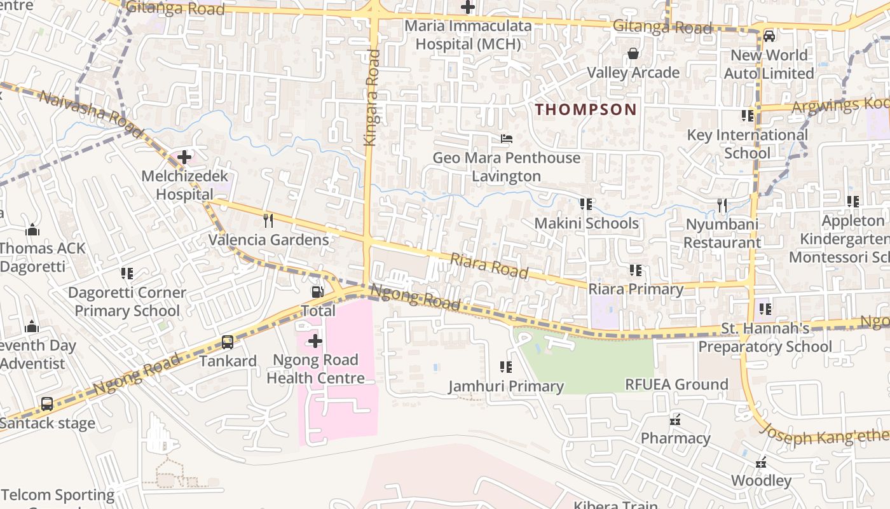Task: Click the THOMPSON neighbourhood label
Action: click(x=585, y=109)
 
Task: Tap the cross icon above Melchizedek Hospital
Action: click(x=184, y=157)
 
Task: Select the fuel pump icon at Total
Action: click(x=316, y=292)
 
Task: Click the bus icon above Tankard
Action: click(x=228, y=342)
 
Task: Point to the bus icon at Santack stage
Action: click(x=47, y=404)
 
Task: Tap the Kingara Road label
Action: click(x=372, y=98)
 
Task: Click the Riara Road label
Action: click(x=489, y=265)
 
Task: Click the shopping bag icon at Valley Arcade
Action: click(x=633, y=54)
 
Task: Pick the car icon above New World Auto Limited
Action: click(x=769, y=36)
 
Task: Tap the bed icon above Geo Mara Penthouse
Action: click(x=507, y=139)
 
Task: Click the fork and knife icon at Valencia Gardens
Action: click(x=268, y=221)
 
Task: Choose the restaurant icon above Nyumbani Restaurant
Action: click(x=722, y=206)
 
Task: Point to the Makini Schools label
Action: click(x=586, y=223)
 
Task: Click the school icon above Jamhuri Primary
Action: click(x=506, y=367)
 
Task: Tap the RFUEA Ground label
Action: click(x=676, y=384)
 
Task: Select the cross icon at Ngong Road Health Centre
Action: click(x=315, y=342)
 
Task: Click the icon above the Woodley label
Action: click(x=761, y=463)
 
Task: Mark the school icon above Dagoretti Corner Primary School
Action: click(x=127, y=274)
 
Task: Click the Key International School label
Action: click(x=747, y=144)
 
